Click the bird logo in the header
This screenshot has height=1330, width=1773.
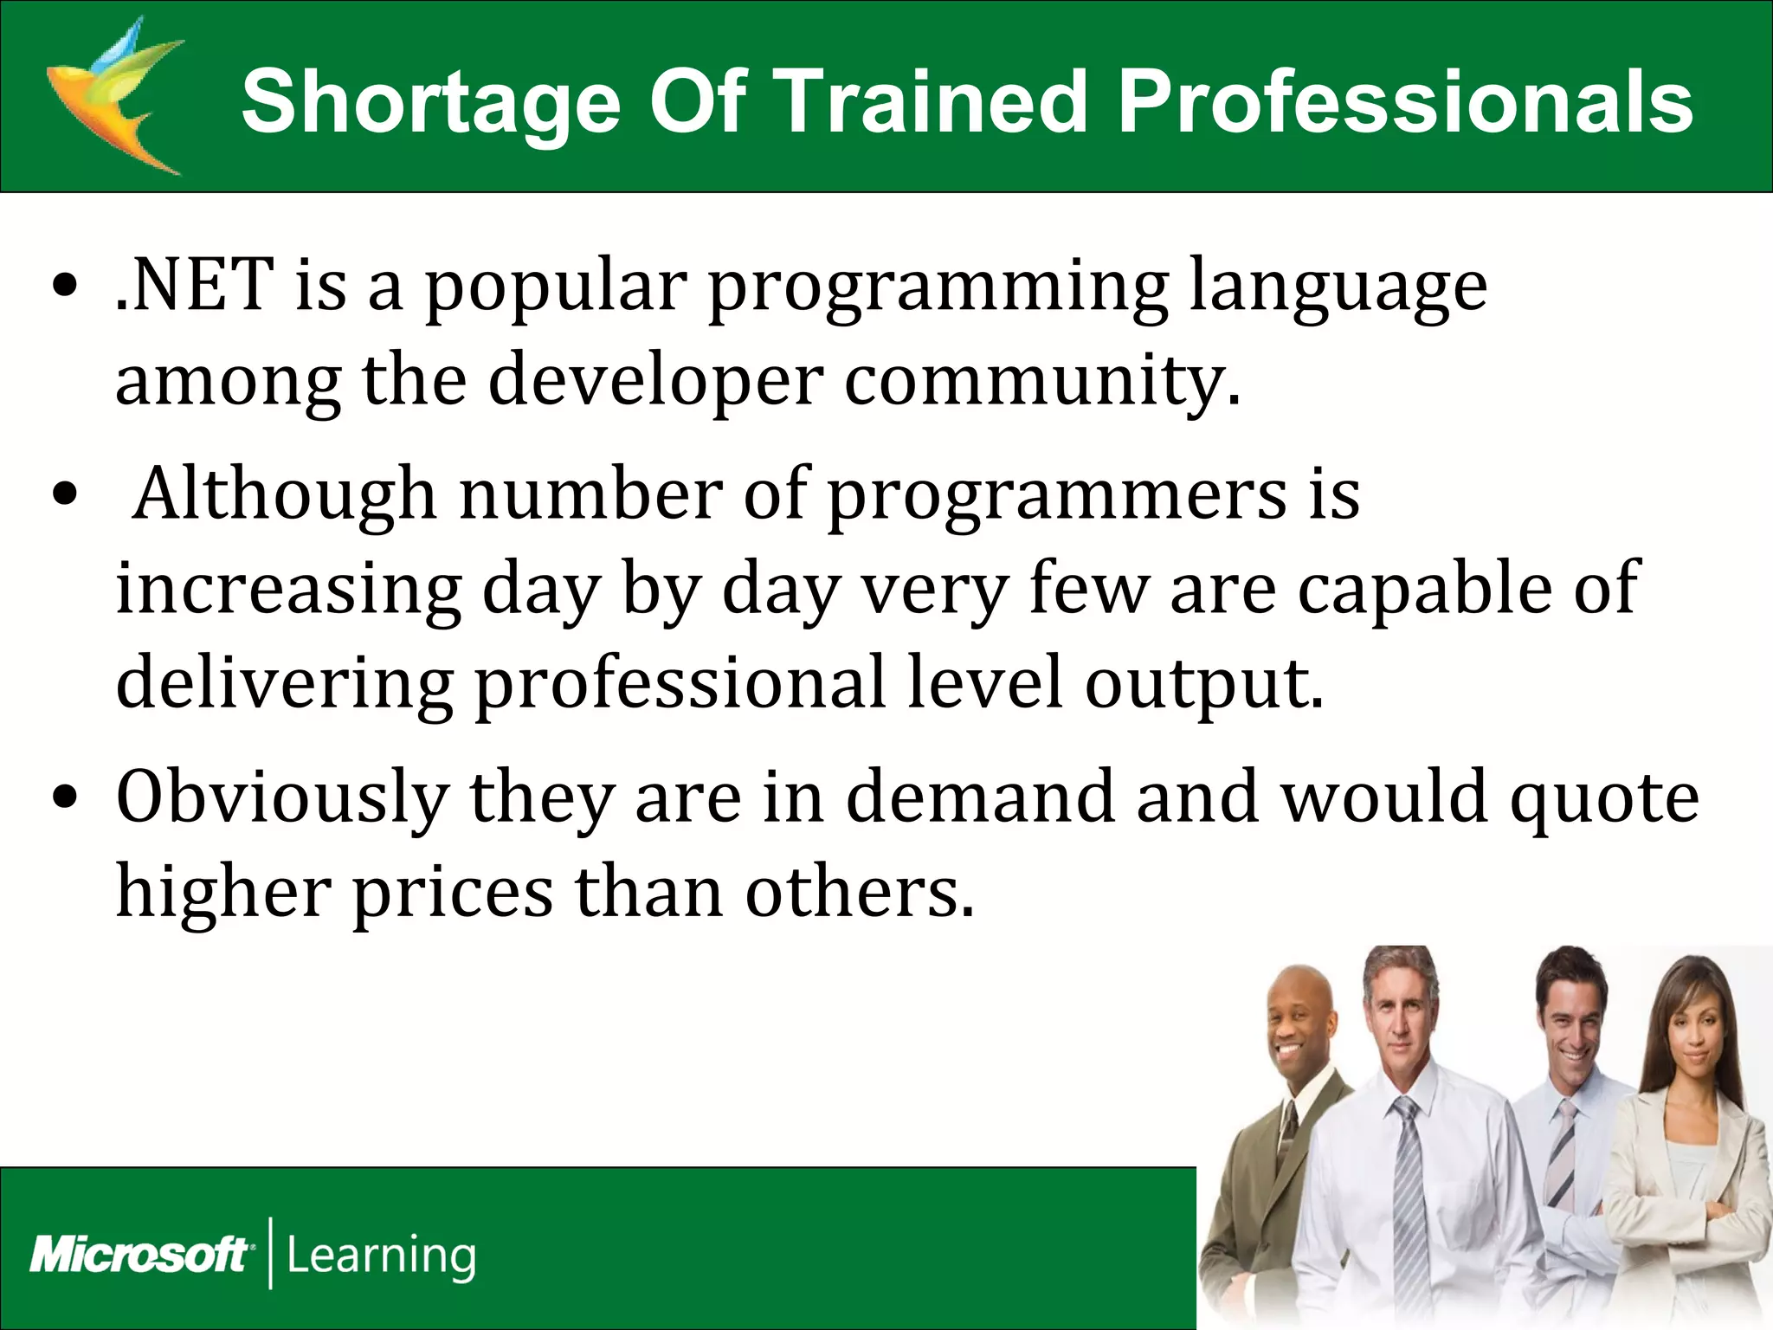113,95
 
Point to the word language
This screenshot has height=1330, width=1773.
1338,287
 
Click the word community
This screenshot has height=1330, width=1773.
1042,381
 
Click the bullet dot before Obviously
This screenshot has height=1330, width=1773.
65,796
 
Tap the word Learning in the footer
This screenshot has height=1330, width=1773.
381,1256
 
